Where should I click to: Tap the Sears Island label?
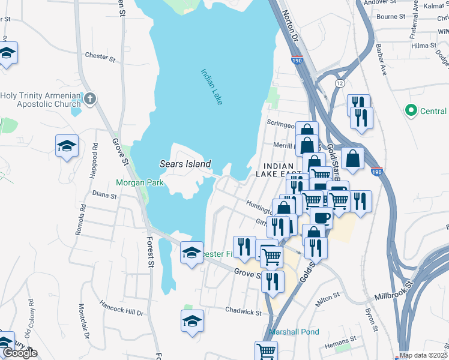[x=185, y=164]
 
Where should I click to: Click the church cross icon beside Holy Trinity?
[x=90, y=98]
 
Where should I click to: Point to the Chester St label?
[x=100, y=58]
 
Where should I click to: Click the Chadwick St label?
[x=243, y=312]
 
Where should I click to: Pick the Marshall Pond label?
[x=294, y=332]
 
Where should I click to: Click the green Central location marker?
[x=411, y=110]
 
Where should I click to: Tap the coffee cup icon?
[x=321, y=217]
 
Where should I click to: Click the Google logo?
[x=20, y=353]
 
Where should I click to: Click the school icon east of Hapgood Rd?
[x=67, y=146]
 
